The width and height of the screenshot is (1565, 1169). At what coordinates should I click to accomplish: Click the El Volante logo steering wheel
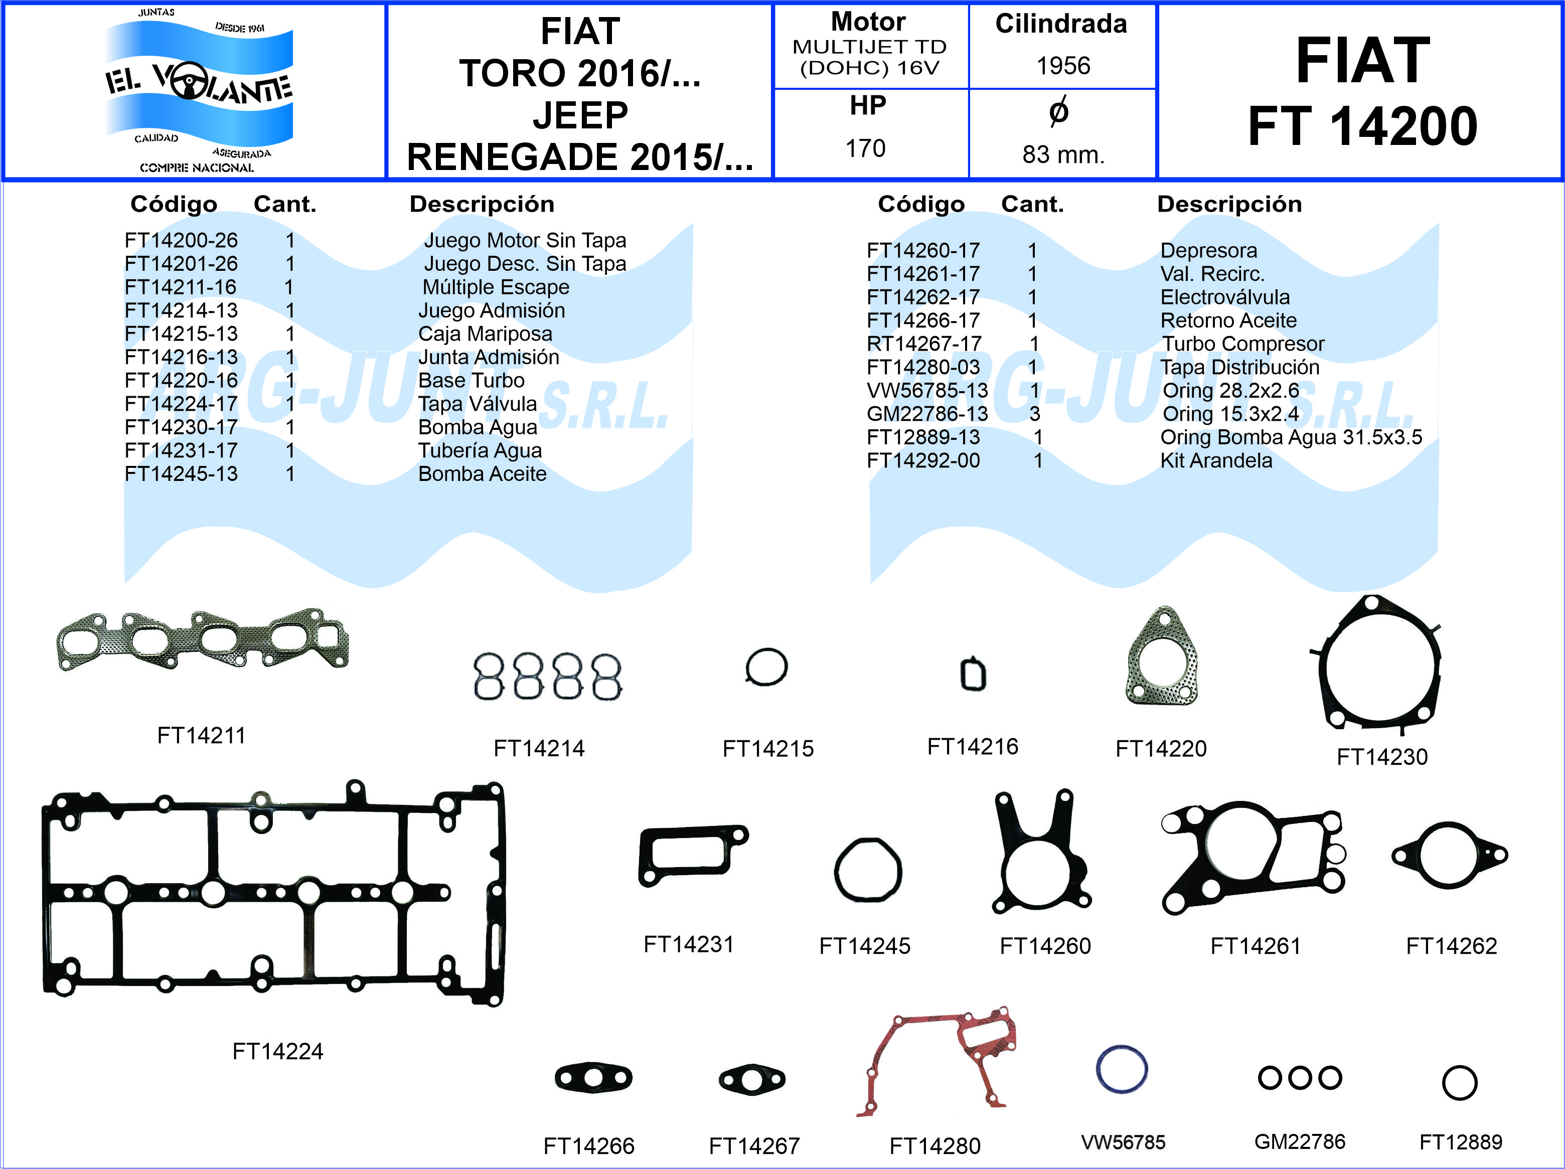click(x=190, y=81)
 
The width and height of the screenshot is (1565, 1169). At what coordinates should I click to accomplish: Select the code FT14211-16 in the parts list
click(x=181, y=287)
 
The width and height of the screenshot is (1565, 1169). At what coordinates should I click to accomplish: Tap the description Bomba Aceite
click(x=483, y=474)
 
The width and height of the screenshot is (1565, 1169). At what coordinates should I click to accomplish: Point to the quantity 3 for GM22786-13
click(x=1034, y=414)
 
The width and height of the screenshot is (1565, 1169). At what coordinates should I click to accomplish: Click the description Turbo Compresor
click(x=1243, y=344)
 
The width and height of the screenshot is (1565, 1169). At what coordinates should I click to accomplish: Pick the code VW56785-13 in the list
click(x=927, y=390)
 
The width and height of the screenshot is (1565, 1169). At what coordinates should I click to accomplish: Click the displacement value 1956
click(x=1063, y=66)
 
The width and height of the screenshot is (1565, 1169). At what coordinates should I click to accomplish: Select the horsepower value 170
click(x=865, y=148)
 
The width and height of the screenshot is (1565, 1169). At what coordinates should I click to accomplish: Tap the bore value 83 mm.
click(x=1063, y=154)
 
